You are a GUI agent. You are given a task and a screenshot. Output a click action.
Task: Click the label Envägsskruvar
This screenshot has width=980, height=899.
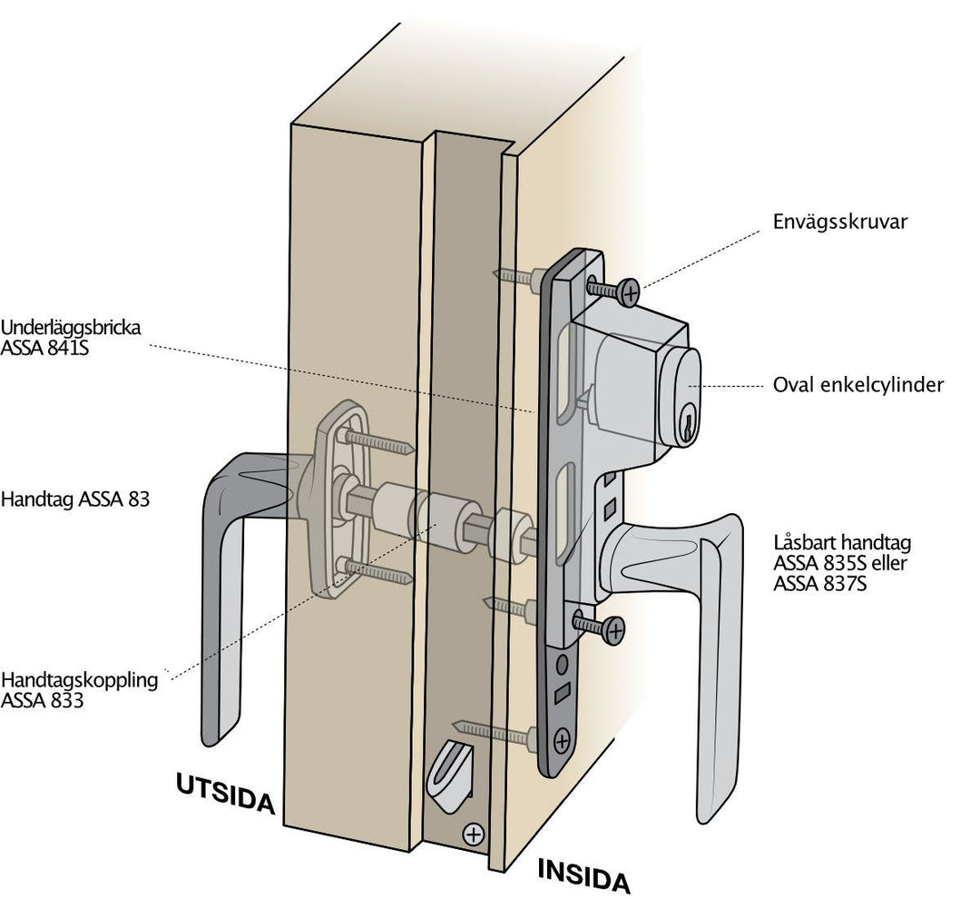(x=839, y=222)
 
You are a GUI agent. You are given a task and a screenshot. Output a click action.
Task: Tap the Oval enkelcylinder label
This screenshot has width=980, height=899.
(x=857, y=385)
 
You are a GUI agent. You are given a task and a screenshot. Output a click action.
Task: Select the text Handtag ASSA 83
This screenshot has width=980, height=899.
(x=75, y=499)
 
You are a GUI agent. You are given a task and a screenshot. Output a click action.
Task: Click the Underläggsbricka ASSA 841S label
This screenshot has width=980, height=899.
(x=71, y=337)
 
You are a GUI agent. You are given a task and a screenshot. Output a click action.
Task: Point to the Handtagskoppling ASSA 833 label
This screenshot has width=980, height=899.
(x=79, y=690)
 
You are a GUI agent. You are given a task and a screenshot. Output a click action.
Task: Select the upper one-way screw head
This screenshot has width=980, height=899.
(x=626, y=291)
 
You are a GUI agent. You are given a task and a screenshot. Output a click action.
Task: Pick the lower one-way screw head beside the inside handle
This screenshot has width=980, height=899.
(x=614, y=629)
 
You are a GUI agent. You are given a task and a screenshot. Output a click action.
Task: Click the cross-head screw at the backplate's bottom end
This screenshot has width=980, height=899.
(x=562, y=740)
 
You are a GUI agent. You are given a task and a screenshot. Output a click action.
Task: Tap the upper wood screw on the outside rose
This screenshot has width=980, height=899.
(x=377, y=442)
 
